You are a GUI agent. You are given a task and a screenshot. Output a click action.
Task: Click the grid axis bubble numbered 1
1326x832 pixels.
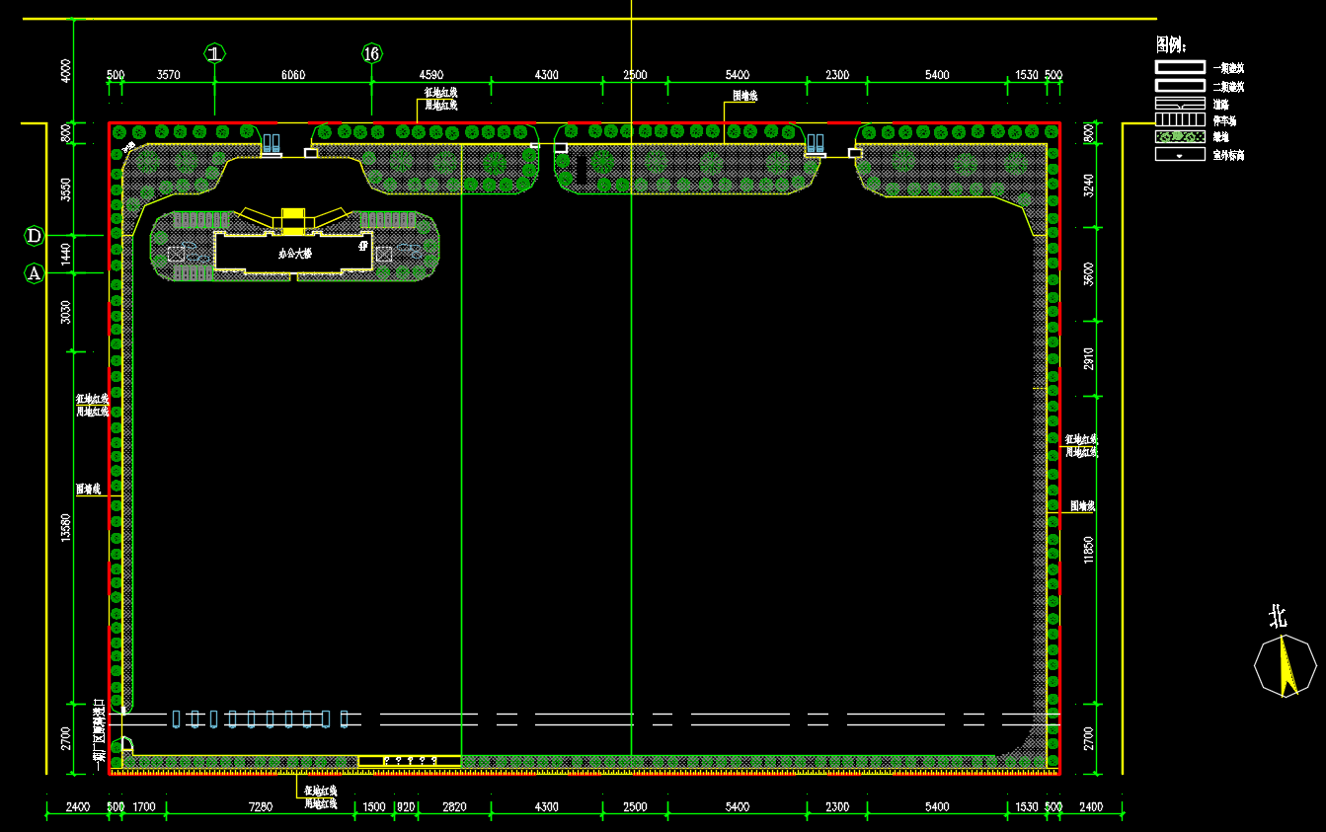coord(215,52)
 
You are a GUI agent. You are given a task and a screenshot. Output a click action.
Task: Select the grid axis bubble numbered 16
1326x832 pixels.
coord(371,53)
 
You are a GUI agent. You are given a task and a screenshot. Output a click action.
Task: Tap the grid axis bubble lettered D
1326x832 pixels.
coord(34,236)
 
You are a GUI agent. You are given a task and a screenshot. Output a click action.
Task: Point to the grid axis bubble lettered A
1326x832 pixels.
coord(34,273)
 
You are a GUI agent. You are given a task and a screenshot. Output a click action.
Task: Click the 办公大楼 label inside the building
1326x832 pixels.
coord(294,254)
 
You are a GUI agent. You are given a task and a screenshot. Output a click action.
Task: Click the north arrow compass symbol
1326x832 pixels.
coord(1285,666)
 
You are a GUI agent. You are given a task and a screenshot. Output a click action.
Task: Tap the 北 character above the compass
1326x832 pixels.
coord(1278,618)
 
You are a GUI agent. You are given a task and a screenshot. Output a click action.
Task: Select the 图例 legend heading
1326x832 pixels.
coord(1171,44)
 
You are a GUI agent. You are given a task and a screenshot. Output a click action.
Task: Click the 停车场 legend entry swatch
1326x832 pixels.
coord(1180,120)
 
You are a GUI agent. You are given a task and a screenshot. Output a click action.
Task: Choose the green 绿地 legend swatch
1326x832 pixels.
coord(1180,136)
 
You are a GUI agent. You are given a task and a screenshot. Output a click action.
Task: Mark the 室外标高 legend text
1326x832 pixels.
coord(1228,155)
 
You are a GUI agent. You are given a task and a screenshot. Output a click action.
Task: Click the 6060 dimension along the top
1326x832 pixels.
coord(293,75)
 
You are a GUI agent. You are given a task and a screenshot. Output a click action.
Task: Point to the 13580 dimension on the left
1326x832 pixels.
coord(66,527)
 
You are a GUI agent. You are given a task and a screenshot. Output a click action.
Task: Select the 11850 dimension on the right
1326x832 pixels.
coord(1089,550)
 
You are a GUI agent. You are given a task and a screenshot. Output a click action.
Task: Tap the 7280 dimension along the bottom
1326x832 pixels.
coord(261,807)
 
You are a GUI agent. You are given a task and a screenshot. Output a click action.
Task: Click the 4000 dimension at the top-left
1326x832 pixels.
coord(66,71)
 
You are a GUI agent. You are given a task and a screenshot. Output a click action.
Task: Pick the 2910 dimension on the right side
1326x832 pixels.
coord(1089,358)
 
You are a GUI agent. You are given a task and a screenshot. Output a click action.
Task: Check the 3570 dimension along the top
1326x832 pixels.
coord(169,75)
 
